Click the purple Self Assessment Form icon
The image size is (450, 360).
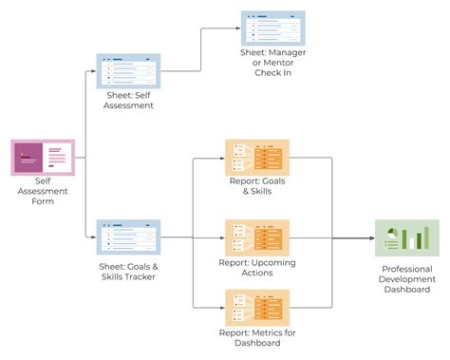(44, 158)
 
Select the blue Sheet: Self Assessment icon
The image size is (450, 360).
(128, 71)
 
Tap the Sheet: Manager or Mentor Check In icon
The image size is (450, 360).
(272, 28)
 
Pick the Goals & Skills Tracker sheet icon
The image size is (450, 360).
(128, 237)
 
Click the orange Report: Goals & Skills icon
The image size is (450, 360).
(256, 157)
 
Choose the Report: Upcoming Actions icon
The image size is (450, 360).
(256, 237)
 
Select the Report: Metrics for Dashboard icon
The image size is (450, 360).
(256, 307)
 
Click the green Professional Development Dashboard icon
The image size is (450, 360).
(406, 237)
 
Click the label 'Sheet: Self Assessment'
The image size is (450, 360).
(128, 100)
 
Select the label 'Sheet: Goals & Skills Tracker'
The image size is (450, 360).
(128, 273)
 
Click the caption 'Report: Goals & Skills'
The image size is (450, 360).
(256, 185)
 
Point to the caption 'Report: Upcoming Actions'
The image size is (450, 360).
(256, 267)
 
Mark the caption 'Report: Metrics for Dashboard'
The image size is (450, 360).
(256, 337)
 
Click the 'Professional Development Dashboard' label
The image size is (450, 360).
(406, 278)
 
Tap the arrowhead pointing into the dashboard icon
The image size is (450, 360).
(370, 238)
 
